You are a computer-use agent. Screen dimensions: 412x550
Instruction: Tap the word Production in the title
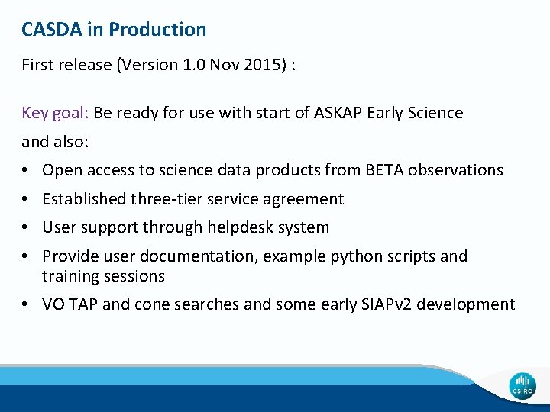coord(157,30)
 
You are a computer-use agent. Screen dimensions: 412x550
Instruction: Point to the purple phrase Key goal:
coord(56,113)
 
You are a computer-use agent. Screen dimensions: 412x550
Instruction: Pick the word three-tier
coord(167,199)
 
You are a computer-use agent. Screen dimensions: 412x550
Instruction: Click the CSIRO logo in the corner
coord(522,385)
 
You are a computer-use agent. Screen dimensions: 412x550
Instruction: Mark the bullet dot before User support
coord(26,227)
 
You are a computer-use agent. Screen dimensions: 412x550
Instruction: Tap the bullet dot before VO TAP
coord(26,304)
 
